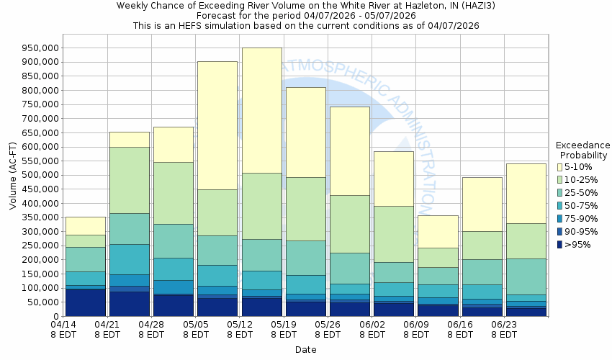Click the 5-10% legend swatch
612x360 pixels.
click(x=559, y=167)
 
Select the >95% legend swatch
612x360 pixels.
click(x=559, y=245)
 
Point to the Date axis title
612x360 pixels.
click(x=305, y=350)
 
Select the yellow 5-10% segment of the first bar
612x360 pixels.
click(x=85, y=225)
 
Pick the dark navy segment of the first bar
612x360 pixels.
click(x=85, y=302)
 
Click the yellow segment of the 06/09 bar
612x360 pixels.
click(x=438, y=231)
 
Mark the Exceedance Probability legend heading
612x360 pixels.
click(x=582, y=150)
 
